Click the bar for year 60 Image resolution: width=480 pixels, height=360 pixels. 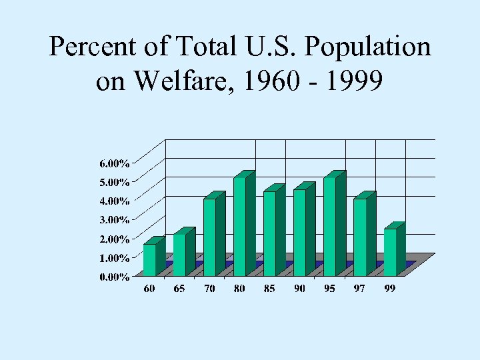149,259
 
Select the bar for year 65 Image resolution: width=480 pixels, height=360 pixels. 179,254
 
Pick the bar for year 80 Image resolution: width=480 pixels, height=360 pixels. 239,226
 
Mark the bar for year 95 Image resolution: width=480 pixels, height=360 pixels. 329,226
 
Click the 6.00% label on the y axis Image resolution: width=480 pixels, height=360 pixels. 115,163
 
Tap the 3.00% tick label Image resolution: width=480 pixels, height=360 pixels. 115,219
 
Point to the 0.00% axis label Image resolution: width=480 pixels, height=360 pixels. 115,277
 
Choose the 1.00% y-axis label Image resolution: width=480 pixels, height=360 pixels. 115,257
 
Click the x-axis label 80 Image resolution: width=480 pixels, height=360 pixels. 239,289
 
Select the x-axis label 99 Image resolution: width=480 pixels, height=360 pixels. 390,289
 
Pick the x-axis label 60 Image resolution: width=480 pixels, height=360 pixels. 149,289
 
